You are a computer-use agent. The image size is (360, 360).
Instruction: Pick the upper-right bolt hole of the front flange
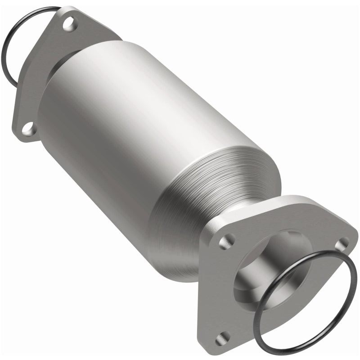(x=343, y=243)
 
